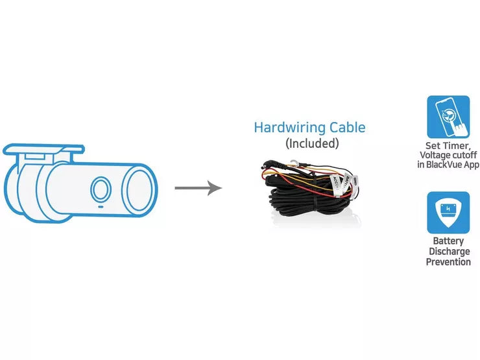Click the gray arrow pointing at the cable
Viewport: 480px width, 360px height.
198,188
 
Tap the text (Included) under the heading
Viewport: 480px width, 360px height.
312,143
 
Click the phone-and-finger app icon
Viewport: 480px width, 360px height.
448,117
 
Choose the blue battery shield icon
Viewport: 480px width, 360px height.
448,212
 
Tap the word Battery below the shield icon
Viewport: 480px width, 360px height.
448,241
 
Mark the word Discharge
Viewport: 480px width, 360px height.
448,252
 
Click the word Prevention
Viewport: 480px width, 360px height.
448,262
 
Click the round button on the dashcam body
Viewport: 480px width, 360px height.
99,188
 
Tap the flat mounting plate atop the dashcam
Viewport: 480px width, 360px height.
43,150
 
